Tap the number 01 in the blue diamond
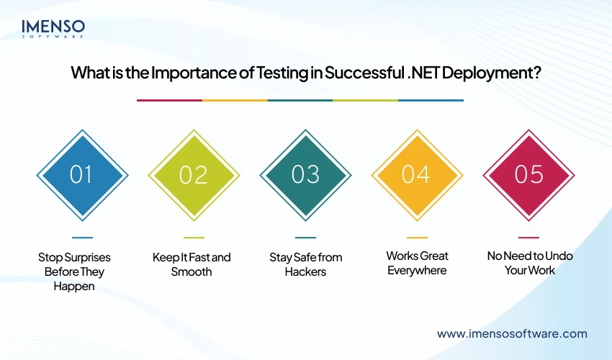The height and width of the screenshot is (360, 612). pos(82,174)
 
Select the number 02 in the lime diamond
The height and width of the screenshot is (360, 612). pos(194,174)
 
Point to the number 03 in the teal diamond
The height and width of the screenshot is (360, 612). pos(305,174)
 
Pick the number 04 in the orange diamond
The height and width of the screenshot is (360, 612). pos(417,174)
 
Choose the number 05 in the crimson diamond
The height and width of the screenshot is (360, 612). pos(528,174)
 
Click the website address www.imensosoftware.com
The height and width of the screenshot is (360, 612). pos(512,333)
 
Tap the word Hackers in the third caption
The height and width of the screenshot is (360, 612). pos(305,271)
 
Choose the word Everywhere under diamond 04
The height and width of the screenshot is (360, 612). pos(417,270)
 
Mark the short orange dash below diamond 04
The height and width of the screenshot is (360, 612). pos(417,237)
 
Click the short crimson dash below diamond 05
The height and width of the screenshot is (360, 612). pos(528,237)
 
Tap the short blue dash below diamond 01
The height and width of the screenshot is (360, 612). pos(82,237)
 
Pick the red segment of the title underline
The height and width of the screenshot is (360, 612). pos(169,100)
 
